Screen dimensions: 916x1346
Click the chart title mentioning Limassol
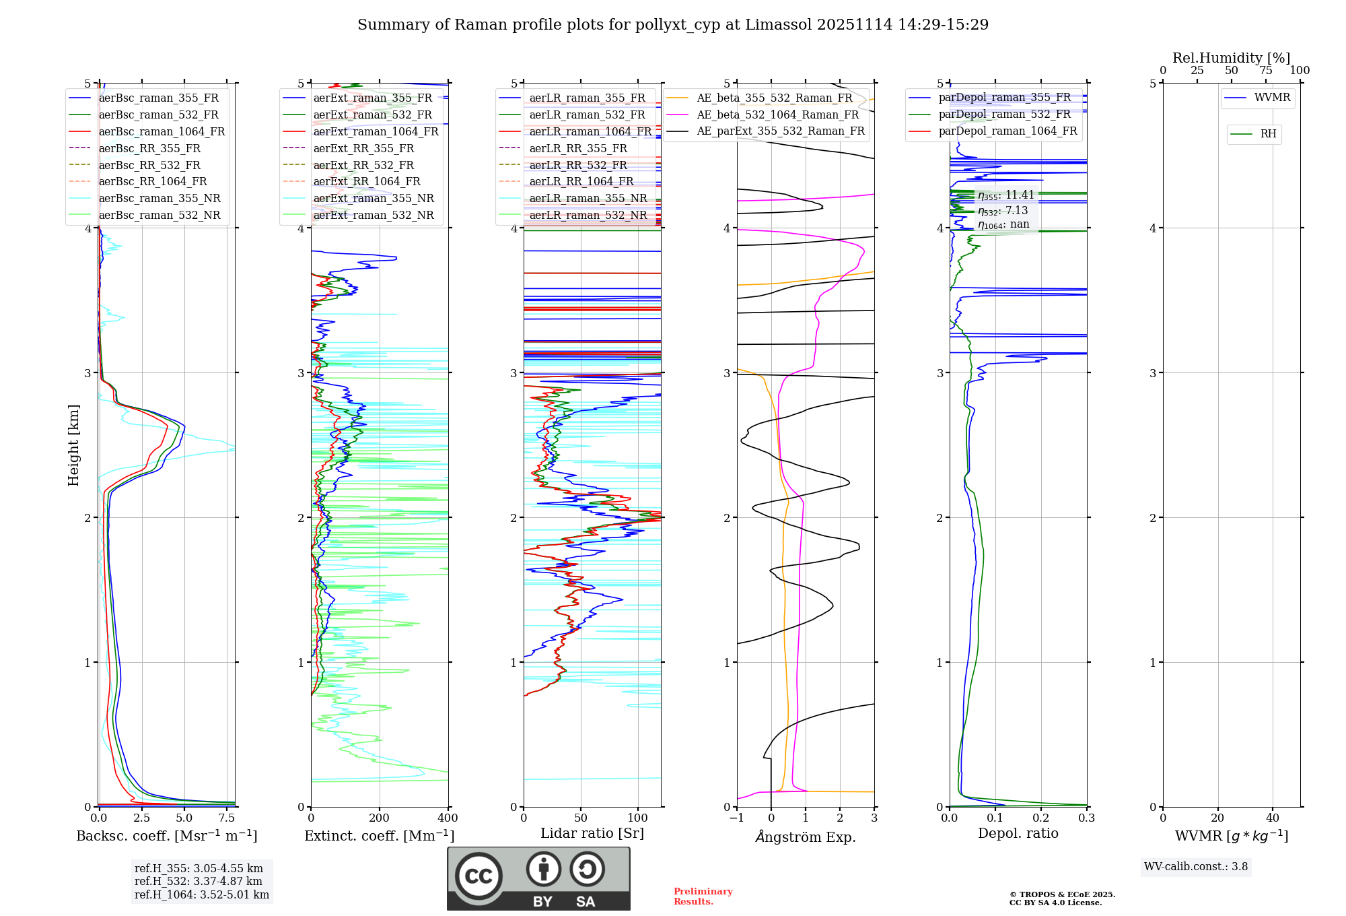(673, 25)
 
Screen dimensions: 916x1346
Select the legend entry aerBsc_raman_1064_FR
(162, 131)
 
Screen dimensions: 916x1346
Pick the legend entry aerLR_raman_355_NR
(588, 198)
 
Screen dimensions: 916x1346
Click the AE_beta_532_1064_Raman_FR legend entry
(777, 115)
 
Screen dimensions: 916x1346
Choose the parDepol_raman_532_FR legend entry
(1004, 114)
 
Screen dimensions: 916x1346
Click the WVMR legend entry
(1272, 98)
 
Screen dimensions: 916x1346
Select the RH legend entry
(1268, 134)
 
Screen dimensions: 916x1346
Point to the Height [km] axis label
(73, 445)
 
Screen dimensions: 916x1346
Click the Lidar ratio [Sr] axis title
(592, 833)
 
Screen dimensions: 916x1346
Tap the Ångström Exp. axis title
(806, 837)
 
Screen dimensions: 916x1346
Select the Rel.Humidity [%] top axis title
(1231, 58)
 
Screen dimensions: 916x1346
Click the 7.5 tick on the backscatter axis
(227, 818)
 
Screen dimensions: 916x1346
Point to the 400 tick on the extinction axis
(448, 818)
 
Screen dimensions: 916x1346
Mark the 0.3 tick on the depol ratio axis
(1086, 818)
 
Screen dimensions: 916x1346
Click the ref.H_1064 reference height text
(202, 894)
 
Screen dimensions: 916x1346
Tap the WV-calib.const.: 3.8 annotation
(1196, 867)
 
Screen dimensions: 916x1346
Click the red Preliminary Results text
(703, 896)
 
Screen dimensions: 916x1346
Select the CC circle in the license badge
(479, 876)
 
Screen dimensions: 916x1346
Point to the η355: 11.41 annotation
(1005, 195)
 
